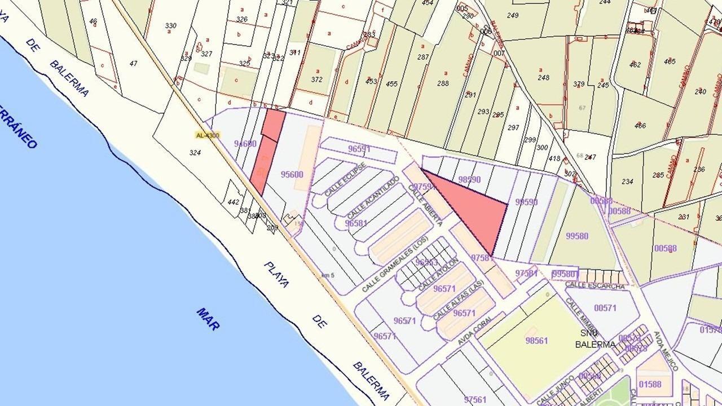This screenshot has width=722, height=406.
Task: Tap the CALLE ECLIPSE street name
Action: point(346,179)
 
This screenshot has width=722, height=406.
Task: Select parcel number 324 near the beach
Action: point(195,153)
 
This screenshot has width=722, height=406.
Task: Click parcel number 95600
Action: point(292,174)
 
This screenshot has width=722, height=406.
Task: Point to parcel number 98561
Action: point(536,341)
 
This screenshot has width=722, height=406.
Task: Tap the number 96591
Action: point(359,149)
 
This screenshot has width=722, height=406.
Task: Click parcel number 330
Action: point(170,26)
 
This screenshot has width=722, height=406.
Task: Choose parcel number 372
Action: point(316,80)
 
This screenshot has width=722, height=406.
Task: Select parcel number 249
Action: point(513,15)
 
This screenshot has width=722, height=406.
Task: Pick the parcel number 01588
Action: point(650,385)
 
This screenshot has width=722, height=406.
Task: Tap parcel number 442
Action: point(234,201)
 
